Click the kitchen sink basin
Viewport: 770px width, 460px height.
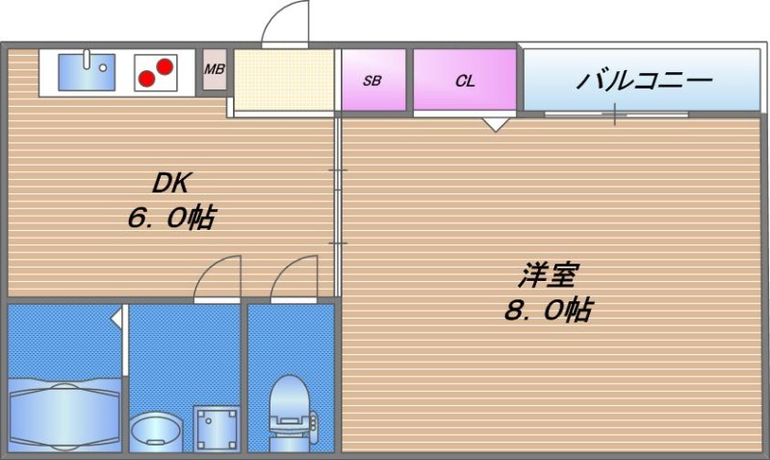86,72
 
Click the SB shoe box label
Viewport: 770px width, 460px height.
372,81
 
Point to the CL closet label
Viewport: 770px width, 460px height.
465,81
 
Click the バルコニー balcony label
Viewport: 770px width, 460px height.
644,79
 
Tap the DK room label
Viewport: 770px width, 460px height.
173,183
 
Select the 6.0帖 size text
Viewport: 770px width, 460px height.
171,217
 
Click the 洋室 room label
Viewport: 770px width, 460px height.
547,276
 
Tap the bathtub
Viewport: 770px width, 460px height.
65,414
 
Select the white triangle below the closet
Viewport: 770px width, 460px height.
496,122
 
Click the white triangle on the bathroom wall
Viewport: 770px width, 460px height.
116,317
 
